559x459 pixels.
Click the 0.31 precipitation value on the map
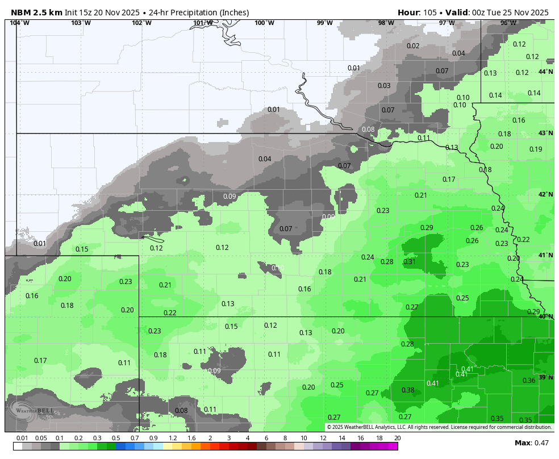[x=410, y=262]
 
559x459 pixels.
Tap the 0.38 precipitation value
[x=408, y=390]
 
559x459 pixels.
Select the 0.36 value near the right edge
[x=529, y=381]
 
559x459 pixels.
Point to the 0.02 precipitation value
[x=413, y=46]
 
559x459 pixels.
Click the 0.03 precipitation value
[x=384, y=86]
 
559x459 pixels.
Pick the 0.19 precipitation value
[x=536, y=149]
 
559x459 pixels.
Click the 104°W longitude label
[x=19, y=23]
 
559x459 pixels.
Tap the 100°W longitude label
[x=264, y=23]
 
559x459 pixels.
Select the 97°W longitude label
[x=447, y=23]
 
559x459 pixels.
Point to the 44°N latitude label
[x=545, y=72]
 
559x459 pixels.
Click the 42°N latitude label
[x=545, y=195]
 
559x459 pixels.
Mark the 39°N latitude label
[x=545, y=378]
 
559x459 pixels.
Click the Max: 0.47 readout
[x=532, y=443]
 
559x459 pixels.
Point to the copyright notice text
[x=439, y=427]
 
